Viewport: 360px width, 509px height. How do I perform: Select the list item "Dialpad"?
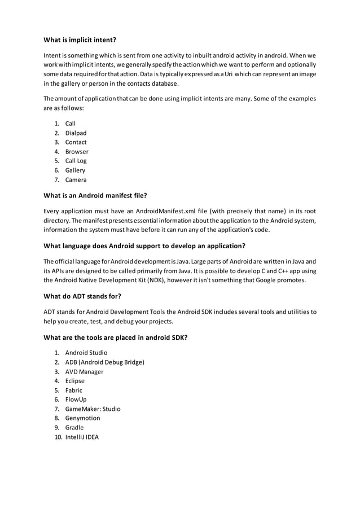click(x=76, y=133)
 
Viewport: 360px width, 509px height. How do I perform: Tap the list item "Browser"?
click(x=77, y=152)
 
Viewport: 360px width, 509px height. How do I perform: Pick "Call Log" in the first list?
click(x=76, y=161)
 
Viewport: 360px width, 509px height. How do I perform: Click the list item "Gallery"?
click(x=75, y=170)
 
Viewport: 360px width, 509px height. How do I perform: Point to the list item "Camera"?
click(x=76, y=180)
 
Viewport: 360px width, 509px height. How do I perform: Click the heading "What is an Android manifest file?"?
click(x=95, y=196)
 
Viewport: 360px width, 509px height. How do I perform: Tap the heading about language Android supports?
click(x=144, y=245)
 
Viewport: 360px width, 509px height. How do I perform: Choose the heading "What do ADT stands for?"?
click(x=82, y=296)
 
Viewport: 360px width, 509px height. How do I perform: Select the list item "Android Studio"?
click(x=86, y=353)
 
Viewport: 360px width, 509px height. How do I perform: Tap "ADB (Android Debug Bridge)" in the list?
click(x=104, y=362)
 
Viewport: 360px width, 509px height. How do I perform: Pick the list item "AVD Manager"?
click(x=84, y=372)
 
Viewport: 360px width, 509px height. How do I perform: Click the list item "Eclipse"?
click(x=74, y=381)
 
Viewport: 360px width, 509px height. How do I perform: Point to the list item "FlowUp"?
click(x=76, y=400)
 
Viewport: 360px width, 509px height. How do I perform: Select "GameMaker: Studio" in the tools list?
click(x=93, y=409)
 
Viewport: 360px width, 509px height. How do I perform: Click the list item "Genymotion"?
click(x=82, y=418)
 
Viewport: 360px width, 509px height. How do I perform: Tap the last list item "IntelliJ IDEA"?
click(x=82, y=437)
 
